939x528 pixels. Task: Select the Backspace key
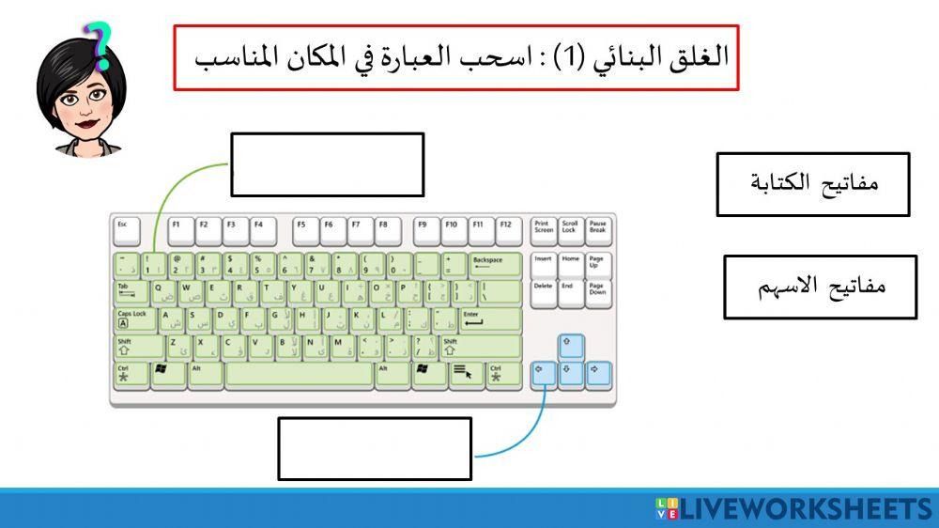(x=495, y=265)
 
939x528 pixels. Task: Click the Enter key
(x=489, y=319)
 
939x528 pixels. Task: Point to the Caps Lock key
(x=134, y=319)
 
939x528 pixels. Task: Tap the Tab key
(x=131, y=292)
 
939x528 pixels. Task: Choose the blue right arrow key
(x=598, y=375)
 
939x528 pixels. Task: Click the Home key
(x=571, y=265)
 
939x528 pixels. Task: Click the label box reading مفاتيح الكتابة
(x=813, y=184)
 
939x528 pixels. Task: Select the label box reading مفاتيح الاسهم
(x=820, y=287)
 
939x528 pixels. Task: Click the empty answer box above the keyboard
(x=327, y=164)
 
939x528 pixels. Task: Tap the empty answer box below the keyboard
(x=374, y=449)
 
